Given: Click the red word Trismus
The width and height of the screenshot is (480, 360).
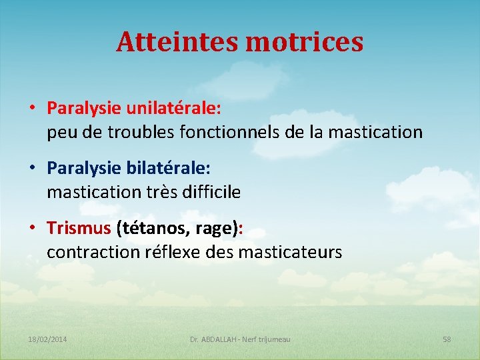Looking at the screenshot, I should [79, 228].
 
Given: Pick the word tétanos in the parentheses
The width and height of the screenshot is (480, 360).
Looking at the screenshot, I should [150, 228].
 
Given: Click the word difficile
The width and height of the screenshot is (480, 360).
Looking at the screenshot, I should [208, 193].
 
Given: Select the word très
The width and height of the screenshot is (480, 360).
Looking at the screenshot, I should [157, 193].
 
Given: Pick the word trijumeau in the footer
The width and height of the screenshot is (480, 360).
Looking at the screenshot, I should [273, 339].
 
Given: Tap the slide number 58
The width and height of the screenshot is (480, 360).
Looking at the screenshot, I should [447, 339].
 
